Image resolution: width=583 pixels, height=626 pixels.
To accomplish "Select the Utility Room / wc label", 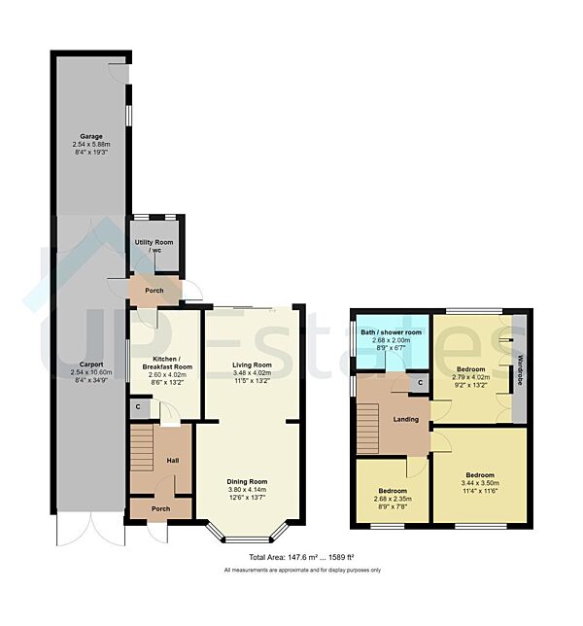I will pos(154,244).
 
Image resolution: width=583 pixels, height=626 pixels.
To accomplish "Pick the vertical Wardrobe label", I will pos(520,370).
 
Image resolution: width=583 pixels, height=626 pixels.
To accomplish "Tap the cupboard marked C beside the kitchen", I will pos(139,407).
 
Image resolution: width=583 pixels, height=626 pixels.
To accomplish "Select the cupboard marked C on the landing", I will pos(419,383).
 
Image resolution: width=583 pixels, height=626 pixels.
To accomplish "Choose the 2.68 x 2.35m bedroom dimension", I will pos(393,503).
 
